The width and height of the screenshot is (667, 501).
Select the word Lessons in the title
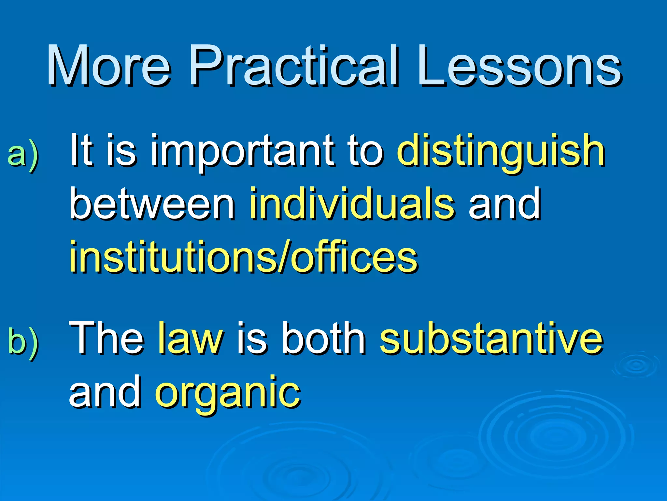(x=520, y=66)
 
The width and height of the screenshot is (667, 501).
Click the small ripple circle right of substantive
(x=635, y=365)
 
